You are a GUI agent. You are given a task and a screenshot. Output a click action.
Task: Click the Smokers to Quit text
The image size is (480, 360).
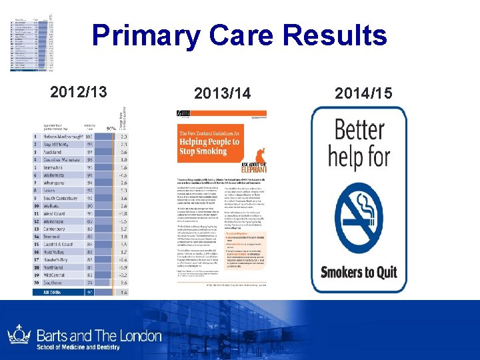point(359,271)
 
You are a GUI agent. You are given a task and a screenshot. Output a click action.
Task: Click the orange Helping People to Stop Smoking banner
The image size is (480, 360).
point(209,142)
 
